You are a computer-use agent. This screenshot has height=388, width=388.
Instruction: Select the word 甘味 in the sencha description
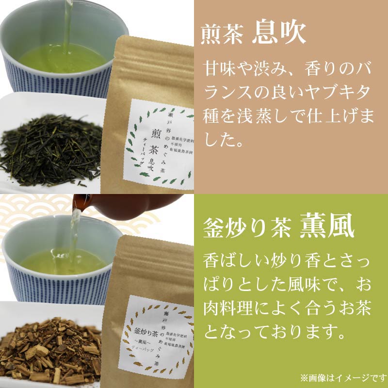point(216,67)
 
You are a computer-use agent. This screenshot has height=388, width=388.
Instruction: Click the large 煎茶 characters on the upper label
point(145,141)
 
